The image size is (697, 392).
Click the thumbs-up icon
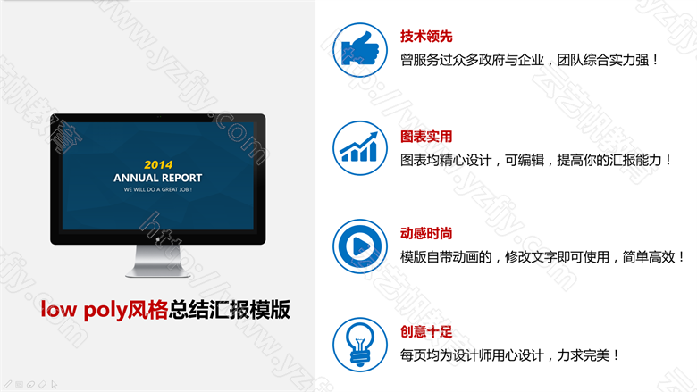click(x=360, y=50)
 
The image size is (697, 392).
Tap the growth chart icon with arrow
click(x=360, y=148)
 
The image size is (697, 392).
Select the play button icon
click(x=360, y=246)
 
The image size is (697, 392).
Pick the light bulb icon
click(x=360, y=345)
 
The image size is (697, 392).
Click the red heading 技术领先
click(x=426, y=37)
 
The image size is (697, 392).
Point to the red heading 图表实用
click(x=426, y=137)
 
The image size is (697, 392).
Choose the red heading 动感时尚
click(x=426, y=234)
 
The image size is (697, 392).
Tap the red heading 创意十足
click(x=426, y=331)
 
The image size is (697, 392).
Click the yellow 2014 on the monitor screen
click(x=158, y=164)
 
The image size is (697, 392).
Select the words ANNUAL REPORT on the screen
click(x=158, y=178)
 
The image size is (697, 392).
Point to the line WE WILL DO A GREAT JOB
click(x=158, y=189)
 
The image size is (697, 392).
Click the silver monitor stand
click(x=158, y=261)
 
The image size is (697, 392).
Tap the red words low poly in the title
click(x=84, y=310)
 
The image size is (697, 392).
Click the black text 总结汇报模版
click(x=230, y=310)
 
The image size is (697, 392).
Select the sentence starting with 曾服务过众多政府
click(x=529, y=60)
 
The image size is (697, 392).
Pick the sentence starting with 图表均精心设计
click(x=536, y=160)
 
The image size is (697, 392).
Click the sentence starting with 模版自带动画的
click(x=542, y=257)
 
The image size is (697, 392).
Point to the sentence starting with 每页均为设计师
click(x=509, y=355)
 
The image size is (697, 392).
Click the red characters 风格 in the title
click(x=147, y=310)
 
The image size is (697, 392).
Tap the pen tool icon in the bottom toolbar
click(x=7, y=385)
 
